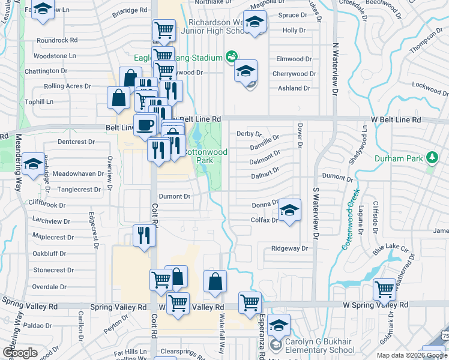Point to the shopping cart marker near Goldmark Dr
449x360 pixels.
pyautogui.click(x=384, y=289)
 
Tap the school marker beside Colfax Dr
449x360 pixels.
pyautogui.click(x=289, y=211)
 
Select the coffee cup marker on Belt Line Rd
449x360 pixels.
pyautogui.click(x=144, y=125)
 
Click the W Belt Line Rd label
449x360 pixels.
pyautogui.click(x=396, y=119)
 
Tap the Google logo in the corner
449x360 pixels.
pyautogui.click(x=20, y=353)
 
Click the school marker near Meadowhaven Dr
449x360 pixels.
pyautogui.click(x=34, y=163)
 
